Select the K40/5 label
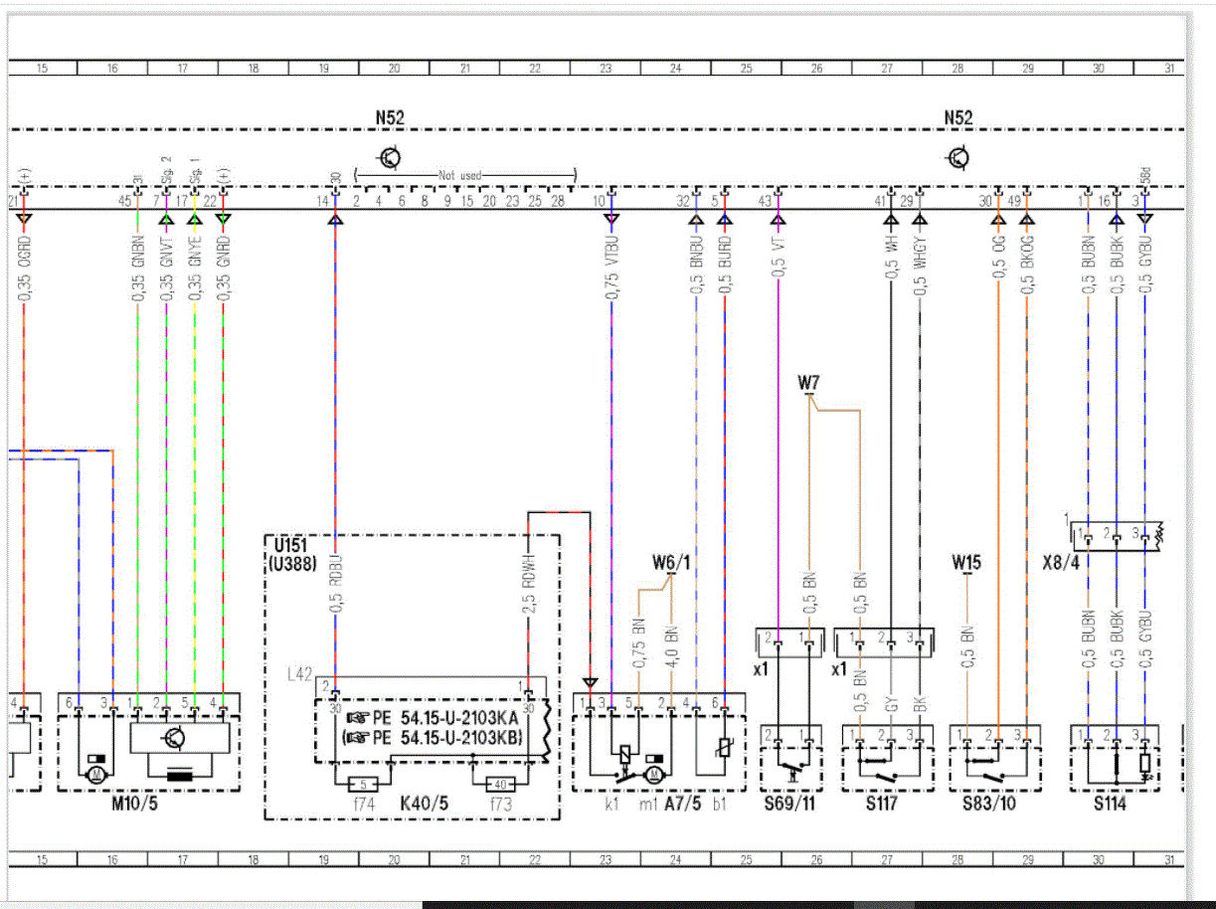coord(425,804)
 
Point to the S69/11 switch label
coord(789,804)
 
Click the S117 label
coord(881,804)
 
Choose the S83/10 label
coord(988,804)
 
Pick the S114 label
coord(1110,804)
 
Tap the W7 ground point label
coord(808,382)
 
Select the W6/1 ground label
coord(671,563)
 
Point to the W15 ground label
coord(965,563)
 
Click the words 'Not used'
coord(460,175)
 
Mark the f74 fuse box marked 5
coord(364,784)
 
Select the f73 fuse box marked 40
coord(500,784)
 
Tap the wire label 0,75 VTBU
coord(612,268)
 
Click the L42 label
coord(298,674)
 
